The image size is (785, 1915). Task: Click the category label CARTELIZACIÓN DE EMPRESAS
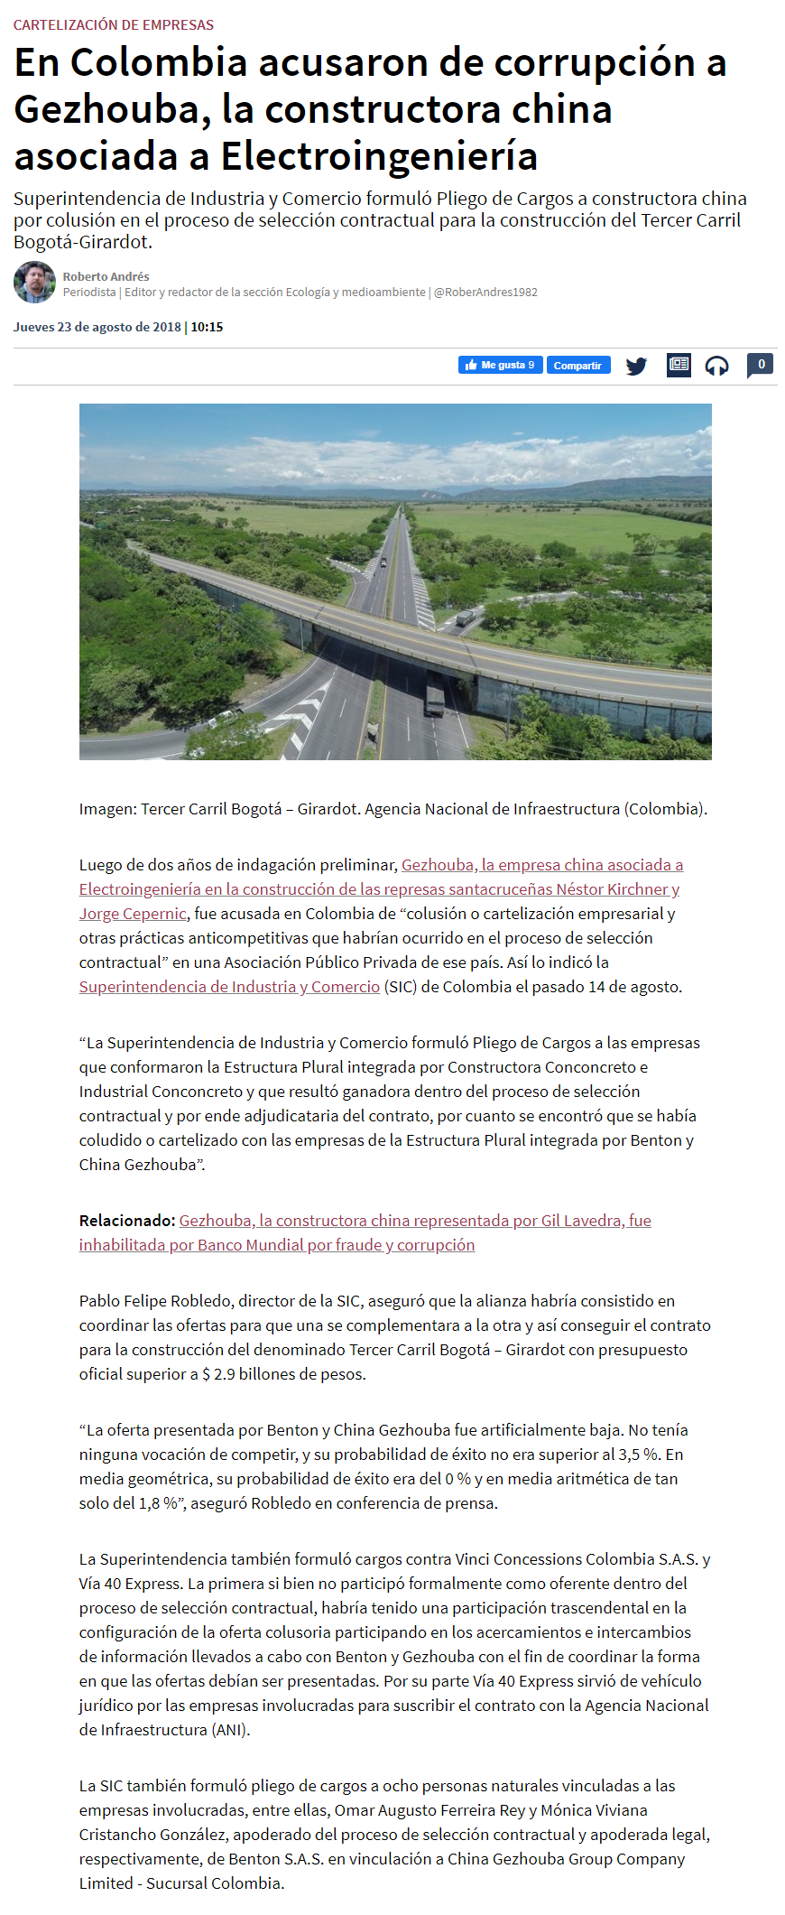coord(114,25)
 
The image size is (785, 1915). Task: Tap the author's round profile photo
coord(34,283)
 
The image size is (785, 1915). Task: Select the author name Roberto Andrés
coord(106,276)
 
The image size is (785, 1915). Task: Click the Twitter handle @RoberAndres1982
coord(485,292)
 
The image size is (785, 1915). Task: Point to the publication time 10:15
coord(207,327)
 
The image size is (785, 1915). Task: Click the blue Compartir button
coord(577,365)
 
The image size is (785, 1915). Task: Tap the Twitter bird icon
coord(636,366)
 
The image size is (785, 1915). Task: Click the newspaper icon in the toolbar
coord(679,365)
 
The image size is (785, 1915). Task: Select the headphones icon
coord(716,366)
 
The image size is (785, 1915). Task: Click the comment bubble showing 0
coord(760,365)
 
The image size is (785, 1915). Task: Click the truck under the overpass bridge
coord(434,700)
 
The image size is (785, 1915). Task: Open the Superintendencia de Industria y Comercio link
coord(229,987)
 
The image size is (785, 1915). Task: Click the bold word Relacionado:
coord(126,1221)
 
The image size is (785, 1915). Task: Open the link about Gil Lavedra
coord(414,1221)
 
